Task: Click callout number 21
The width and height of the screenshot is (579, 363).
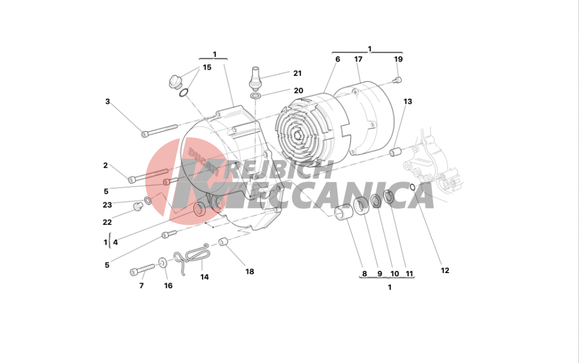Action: click(297, 73)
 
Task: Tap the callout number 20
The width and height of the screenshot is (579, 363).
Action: click(298, 90)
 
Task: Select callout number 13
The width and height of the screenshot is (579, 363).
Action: click(408, 101)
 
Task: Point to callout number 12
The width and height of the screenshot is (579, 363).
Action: click(445, 270)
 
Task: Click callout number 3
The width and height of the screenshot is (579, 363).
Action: click(108, 101)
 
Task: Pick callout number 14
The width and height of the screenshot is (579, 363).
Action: click(204, 277)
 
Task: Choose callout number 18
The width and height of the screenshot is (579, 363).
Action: click(250, 271)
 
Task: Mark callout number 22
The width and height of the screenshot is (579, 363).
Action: click(107, 222)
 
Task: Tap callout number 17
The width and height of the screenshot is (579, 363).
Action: click(358, 59)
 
